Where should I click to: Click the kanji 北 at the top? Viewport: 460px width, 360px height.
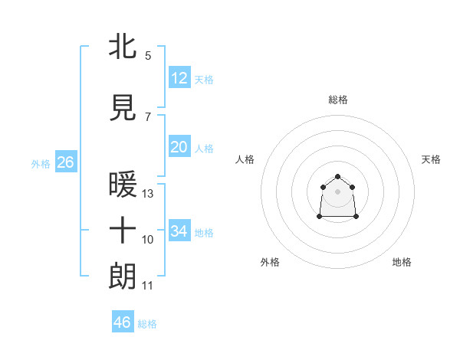(x=123, y=46)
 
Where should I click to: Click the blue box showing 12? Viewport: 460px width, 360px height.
(x=179, y=77)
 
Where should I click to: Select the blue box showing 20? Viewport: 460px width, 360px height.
(x=179, y=146)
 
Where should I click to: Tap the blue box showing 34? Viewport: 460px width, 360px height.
(x=179, y=231)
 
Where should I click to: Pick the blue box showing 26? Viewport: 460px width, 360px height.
(x=65, y=162)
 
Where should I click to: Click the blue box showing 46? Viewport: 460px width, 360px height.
(x=123, y=322)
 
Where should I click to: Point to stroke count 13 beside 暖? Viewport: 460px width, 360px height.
(x=148, y=194)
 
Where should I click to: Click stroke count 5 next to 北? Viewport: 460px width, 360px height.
(x=148, y=55)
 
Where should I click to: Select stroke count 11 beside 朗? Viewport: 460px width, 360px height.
(x=148, y=286)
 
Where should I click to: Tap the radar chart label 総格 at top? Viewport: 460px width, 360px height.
(x=338, y=100)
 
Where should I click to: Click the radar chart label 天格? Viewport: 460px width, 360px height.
(x=432, y=159)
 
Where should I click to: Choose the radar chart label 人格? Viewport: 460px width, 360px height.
(x=245, y=159)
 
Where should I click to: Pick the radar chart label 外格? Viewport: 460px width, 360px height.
(x=270, y=262)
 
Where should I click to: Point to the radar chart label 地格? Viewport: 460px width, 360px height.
(x=402, y=262)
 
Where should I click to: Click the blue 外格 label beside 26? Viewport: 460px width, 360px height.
(x=41, y=163)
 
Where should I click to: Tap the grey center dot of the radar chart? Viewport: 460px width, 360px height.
(x=338, y=191)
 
